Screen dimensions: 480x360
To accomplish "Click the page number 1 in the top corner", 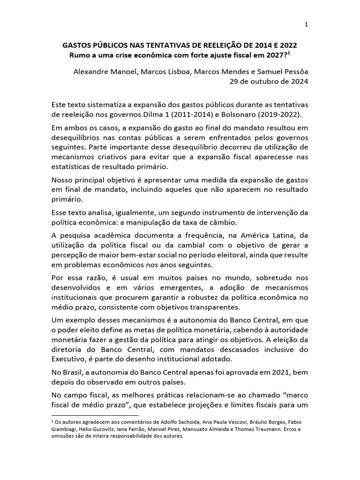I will coord(306,25).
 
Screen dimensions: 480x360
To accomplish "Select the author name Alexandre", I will coord(92,72).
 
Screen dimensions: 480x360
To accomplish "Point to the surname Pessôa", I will coord(294,72).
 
